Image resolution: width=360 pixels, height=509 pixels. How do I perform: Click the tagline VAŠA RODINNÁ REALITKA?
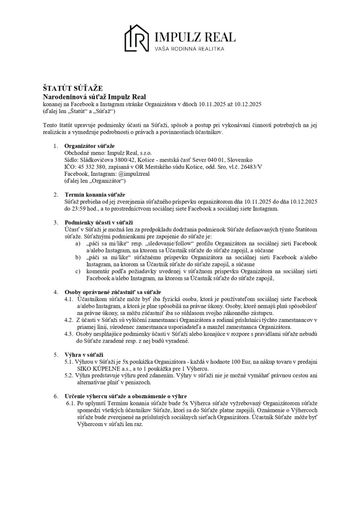[x=189, y=49]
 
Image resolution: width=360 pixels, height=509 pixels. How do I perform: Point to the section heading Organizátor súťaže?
[x=90, y=146]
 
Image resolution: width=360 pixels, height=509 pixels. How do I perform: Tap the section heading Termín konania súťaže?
[x=95, y=195]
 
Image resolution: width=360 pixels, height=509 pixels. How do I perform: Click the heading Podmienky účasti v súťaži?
[x=98, y=222]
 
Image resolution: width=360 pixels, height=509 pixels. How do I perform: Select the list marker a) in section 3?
[x=78, y=243]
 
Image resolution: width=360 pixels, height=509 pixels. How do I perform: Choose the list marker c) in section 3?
[x=78, y=271]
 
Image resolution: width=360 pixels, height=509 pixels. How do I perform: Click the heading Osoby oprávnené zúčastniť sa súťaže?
[x=113, y=292]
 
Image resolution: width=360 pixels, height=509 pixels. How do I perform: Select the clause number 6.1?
[x=71, y=403]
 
